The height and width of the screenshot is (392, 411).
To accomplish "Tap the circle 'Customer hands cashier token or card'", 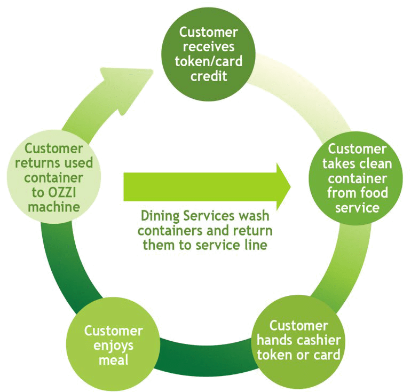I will pyautogui.click(x=298, y=341).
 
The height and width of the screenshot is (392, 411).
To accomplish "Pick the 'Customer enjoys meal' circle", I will pyautogui.click(x=113, y=345).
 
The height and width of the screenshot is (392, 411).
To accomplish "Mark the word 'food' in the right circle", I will pyautogui.click(x=374, y=192).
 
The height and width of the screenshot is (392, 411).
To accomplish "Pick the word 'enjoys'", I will pyautogui.click(x=113, y=346).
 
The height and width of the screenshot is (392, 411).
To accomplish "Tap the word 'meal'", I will pyautogui.click(x=113, y=360).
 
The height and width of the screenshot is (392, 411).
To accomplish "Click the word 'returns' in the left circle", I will pyautogui.click(x=34, y=162).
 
